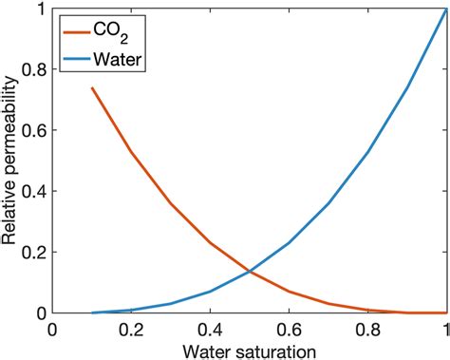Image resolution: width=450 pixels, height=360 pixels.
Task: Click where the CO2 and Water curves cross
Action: click(250, 272)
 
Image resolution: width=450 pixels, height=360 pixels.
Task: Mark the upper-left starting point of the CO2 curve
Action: click(92, 88)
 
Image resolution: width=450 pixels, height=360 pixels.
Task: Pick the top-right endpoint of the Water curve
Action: click(445, 9)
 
